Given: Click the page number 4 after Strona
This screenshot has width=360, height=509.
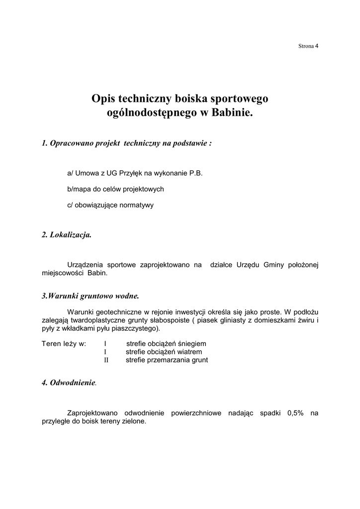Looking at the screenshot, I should [317, 46].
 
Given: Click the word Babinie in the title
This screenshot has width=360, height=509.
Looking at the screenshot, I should [232, 113].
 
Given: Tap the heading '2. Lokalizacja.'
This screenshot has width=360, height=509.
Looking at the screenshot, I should [67, 235].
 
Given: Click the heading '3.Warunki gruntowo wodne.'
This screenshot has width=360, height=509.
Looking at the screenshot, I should [90, 296].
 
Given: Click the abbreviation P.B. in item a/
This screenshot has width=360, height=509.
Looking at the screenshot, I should [195, 173].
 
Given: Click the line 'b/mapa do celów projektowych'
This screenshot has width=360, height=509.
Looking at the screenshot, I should [115, 189].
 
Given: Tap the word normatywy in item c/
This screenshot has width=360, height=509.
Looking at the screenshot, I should [138, 205].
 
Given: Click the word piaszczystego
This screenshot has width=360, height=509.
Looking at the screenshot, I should [150, 329].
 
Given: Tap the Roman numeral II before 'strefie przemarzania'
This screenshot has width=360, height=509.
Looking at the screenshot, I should [106, 360].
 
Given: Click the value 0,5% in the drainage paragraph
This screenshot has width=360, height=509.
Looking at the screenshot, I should [295, 413].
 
